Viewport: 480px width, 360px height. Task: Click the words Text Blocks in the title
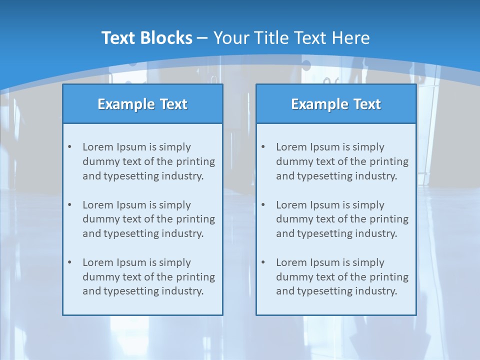(146, 38)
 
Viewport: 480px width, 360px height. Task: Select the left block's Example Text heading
(142, 104)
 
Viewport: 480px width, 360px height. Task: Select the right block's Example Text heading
(336, 104)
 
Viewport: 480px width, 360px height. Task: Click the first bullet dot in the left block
(69, 147)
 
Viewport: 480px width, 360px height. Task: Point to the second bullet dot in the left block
(69, 205)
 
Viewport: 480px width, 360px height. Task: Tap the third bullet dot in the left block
(69, 262)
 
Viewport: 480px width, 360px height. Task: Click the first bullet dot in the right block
(263, 147)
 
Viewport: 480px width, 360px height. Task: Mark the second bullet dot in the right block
(263, 205)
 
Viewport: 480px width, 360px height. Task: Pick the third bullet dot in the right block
(263, 262)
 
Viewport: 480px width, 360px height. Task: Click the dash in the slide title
(202, 38)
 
